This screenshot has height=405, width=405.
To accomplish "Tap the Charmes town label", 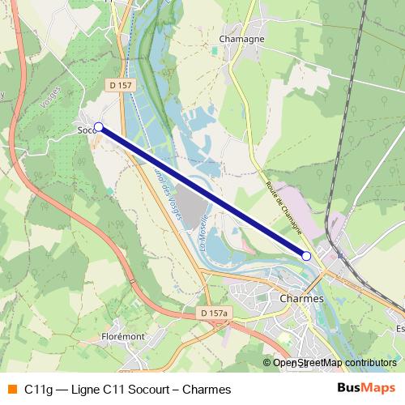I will coord(301,298).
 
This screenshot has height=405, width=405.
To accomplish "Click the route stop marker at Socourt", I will coord(99,127).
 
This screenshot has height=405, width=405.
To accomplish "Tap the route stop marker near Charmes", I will coord(306,256).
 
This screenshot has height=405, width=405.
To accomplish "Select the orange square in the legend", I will coord(11,389).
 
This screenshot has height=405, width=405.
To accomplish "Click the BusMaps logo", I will coord(366,389).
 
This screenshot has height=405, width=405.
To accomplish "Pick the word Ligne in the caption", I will coord(87,389).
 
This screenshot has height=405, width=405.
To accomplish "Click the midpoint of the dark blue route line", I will coord(202,192).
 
